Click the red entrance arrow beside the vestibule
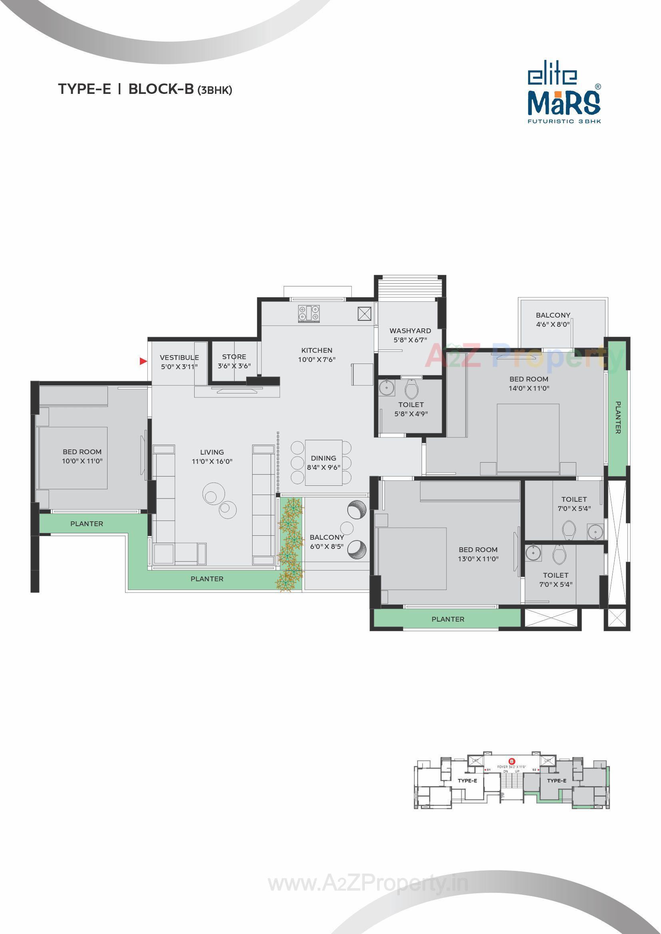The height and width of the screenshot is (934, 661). (143, 361)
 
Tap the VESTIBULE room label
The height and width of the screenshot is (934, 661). (179, 358)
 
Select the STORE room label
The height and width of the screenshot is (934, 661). (234, 357)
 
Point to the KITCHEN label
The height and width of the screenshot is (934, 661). (317, 350)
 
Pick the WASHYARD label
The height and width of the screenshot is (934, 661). (410, 331)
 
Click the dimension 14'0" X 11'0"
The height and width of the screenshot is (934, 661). (529, 388)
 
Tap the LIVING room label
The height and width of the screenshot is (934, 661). (212, 452)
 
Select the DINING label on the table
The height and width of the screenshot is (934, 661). (324, 458)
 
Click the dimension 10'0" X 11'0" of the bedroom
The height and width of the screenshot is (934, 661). (82, 461)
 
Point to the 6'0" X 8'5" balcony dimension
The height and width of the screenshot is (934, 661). (327, 546)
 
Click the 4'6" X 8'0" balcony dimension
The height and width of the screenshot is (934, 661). (553, 324)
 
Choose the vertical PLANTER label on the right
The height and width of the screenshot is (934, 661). (618, 417)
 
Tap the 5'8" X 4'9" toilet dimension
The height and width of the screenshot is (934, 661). (411, 414)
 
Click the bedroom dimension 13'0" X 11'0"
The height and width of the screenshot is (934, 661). (478, 558)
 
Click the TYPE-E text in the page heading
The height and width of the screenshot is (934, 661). (85, 89)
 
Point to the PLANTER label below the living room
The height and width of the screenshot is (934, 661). (207, 578)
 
